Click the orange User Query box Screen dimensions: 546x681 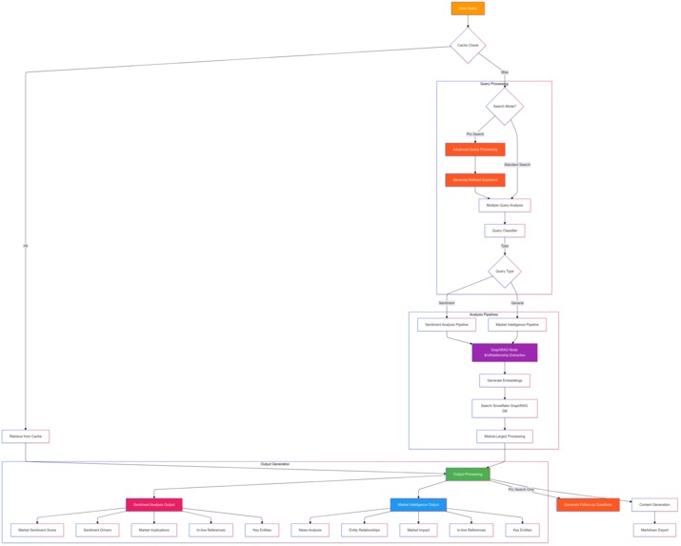(x=468, y=9)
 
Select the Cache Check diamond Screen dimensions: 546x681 (x=468, y=45)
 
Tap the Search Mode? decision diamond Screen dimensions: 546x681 (x=504, y=107)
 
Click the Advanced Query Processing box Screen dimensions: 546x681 (x=474, y=150)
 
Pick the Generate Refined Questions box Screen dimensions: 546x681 (x=474, y=179)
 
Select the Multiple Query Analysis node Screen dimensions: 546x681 (x=504, y=205)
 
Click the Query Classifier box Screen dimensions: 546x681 (x=504, y=231)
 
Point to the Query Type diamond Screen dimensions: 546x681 (x=504, y=272)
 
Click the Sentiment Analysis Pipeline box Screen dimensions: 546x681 (x=446, y=325)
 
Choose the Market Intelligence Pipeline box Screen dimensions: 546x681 (x=517, y=325)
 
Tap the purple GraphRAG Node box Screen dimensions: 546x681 (x=504, y=353)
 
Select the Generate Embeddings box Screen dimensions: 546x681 (x=504, y=380)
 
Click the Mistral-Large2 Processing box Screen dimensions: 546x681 (x=504, y=436)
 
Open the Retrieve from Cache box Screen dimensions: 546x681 (x=26, y=436)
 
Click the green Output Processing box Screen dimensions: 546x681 (x=468, y=474)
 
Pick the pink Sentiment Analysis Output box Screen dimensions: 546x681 (x=153, y=505)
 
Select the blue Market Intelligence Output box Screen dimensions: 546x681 (x=418, y=505)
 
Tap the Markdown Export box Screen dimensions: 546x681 (x=654, y=530)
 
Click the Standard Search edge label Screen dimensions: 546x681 (x=517, y=165)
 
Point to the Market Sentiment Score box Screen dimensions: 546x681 (x=37, y=530)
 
